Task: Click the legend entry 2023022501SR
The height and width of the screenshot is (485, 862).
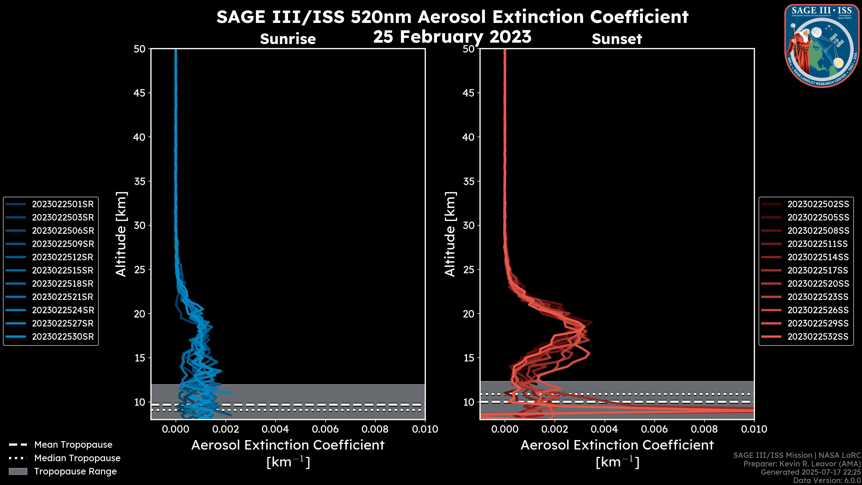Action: tap(63, 204)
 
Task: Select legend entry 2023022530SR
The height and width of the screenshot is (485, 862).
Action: tap(63, 337)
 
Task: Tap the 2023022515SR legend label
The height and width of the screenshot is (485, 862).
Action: tap(63, 270)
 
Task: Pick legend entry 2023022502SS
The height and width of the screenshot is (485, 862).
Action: tap(818, 204)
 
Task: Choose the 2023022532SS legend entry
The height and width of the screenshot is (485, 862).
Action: tap(818, 337)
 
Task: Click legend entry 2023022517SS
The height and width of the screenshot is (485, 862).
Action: tap(818, 270)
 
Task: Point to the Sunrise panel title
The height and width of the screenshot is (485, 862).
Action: tap(288, 39)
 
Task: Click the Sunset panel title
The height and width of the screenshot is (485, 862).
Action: tap(617, 39)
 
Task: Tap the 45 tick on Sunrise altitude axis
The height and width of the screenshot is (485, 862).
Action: tap(140, 93)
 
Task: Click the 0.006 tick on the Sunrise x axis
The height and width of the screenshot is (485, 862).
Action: tap(325, 429)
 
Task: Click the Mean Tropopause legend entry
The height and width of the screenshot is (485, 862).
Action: tap(73, 445)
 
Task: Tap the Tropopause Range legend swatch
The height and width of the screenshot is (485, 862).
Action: tap(18, 472)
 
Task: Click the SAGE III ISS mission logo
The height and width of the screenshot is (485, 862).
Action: tap(822, 46)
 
